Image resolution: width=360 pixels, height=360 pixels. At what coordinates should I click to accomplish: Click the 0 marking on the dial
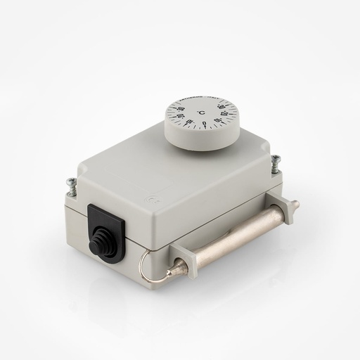pyautogui.click(x=204, y=124)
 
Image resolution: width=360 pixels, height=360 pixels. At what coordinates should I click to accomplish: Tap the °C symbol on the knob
pyautogui.click(x=200, y=112)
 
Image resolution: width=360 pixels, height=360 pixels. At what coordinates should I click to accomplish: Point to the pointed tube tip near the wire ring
pyautogui.click(x=176, y=270)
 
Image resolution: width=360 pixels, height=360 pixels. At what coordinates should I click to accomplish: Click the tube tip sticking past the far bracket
pyautogui.click(x=294, y=205)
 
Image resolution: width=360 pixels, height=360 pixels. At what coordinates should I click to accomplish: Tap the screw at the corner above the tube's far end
pyautogui.click(x=274, y=161)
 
